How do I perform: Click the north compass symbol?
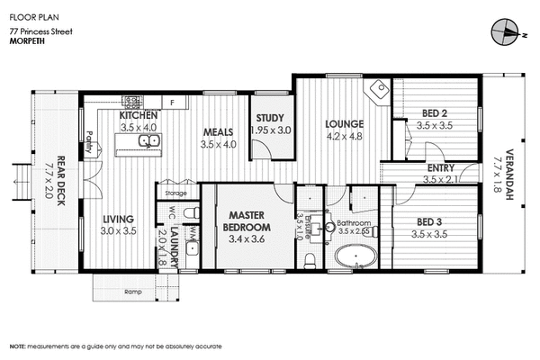click(508, 33)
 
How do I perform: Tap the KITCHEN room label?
click(139, 116)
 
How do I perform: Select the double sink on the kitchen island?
click(146, 139)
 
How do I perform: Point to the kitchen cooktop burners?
click(131, 102)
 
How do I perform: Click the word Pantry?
click(90, 144)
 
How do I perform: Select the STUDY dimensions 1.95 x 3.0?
click(271, 130)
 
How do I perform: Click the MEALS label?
click(218, 131)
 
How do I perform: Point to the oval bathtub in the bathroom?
click(356, 259)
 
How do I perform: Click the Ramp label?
click(132, 292)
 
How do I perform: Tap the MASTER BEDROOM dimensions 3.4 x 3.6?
click(244, 239)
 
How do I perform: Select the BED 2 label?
click(435, 113)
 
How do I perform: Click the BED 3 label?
click(428, 221)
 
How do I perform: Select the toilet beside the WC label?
click(189, 212)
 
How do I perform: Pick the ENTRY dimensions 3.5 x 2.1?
click(441, 180)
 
